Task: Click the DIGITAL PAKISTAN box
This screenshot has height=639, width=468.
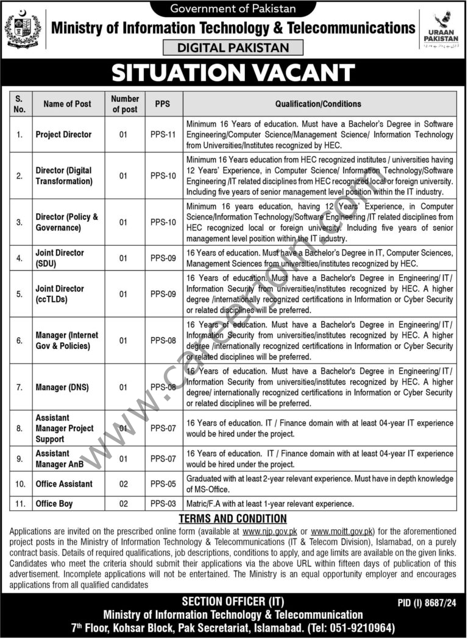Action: pyautogui.click(x=234, y=48)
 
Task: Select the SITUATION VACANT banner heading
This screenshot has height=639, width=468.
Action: pyautogui.click(x=234, y=74)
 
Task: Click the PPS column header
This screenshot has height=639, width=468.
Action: pyautogui.click(x=163, y=104)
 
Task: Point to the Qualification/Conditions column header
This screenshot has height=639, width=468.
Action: pyautogui.click(x=318, y=104)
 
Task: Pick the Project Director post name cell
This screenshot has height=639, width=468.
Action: pyautogui.click(x=63, y=134)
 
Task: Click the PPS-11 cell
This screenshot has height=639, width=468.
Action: pyautogui.click(x=163, y=134)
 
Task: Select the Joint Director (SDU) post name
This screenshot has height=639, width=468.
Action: pyautogui.click(x=60, y=258)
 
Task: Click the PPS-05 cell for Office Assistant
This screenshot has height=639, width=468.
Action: pyautogui.click(x=163, y=484)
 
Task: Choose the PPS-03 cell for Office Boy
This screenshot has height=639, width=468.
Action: pyautogui.click(x=163, y=504)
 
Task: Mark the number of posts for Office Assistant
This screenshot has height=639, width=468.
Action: pyautogui.click(x=124, y=484)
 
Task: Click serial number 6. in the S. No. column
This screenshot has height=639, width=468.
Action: pyautogui.click(x=19, y=340)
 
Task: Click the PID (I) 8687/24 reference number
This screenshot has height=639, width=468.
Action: pyautogui.click(x=427, y=602)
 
